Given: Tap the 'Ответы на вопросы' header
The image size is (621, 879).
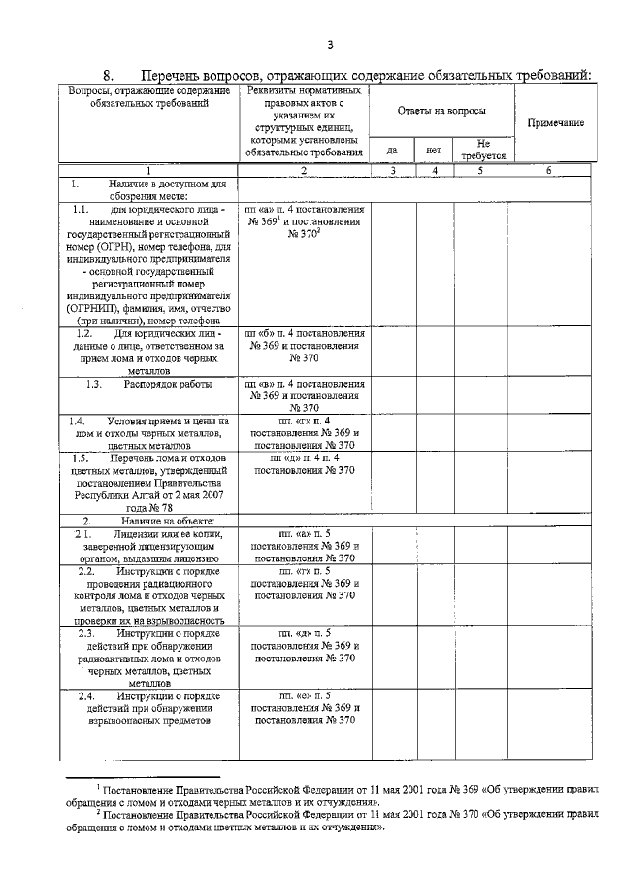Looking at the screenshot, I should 441,112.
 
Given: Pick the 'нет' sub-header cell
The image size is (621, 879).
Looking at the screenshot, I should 434,151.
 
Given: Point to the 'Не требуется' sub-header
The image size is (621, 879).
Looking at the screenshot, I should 482,149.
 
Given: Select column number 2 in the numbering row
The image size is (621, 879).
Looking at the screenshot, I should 304,171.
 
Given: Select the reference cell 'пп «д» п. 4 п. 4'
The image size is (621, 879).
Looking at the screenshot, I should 304,457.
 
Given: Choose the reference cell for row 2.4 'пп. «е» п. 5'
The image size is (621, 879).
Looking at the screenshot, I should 304,696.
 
